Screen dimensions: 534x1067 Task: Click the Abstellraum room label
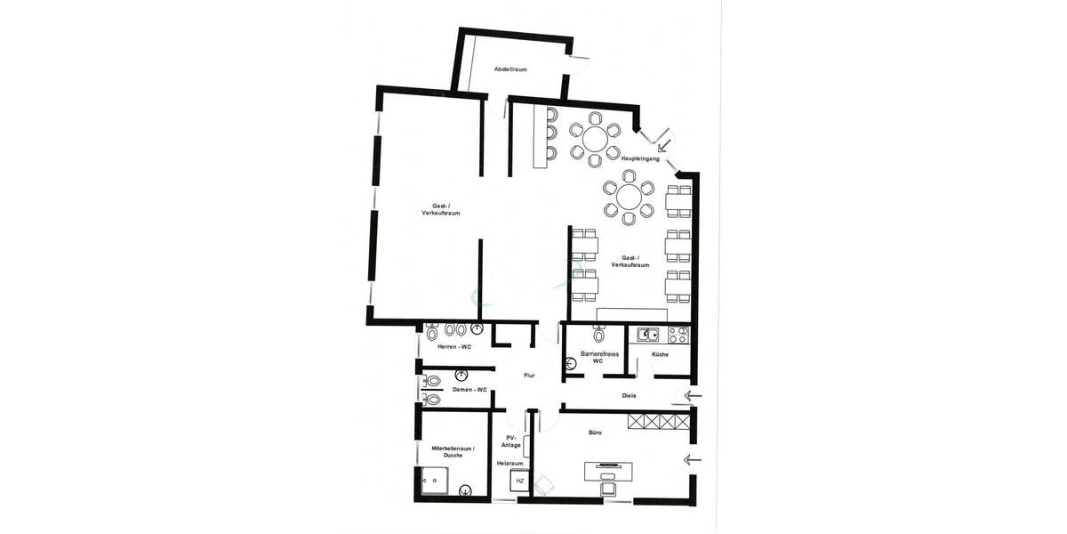point(511,69)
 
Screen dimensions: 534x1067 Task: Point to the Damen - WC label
point(469,390)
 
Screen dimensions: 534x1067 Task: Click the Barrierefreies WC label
point(598,358)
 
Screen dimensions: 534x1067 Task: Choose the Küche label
point(660,354)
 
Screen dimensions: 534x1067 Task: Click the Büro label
point(595,433)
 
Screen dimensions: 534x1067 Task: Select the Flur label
point(530,376)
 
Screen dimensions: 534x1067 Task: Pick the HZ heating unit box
point(520,481)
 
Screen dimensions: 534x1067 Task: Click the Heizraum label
point(509,464)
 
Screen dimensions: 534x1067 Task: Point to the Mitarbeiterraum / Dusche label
point(453,451)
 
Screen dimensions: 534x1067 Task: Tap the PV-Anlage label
point(511,441)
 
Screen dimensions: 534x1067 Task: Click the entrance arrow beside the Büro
point(693,460)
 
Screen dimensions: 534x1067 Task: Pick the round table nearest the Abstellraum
point(594,137)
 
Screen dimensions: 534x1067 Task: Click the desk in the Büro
point(610,468)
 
